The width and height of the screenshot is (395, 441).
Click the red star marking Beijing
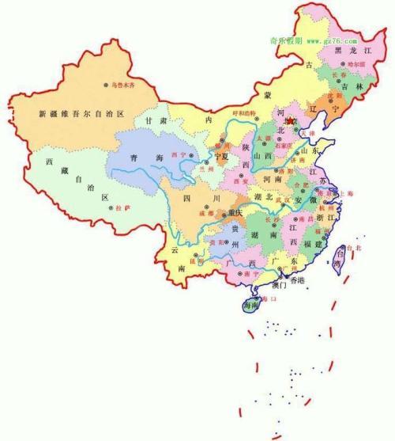pyautogui.click(x=290, y=121)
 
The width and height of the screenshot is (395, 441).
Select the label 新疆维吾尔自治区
pyautogui.click(x=81, y=114)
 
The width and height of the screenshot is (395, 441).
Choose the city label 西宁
pyautogui.click(x=178, y=154)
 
